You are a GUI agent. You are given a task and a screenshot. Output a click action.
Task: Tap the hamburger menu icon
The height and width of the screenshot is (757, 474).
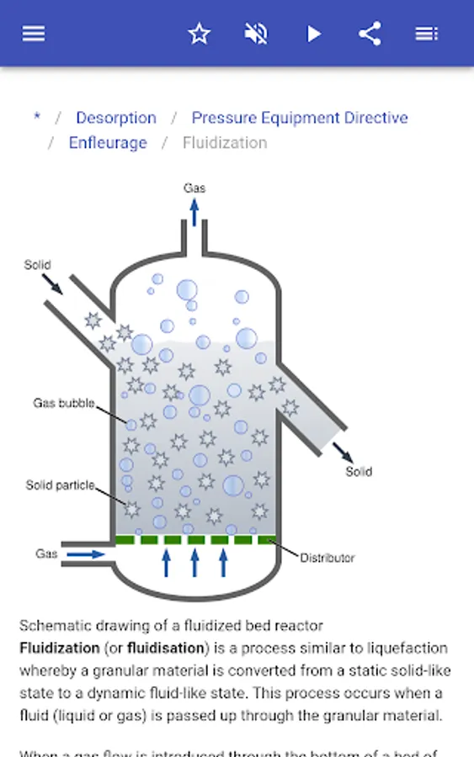(34, 34)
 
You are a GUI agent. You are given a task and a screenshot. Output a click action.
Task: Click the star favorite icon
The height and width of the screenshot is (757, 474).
(199, 34)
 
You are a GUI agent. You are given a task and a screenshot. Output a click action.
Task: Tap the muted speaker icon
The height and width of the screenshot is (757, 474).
(256, 34)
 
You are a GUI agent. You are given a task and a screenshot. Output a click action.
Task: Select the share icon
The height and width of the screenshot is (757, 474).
(370, 34)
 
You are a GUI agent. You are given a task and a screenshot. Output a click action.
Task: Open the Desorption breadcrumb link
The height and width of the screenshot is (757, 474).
(116, 118)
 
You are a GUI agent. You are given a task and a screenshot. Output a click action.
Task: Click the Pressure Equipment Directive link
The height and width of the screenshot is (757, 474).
(300, 118)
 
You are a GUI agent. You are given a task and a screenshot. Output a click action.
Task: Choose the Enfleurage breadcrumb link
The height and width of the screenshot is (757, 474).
(108, 143)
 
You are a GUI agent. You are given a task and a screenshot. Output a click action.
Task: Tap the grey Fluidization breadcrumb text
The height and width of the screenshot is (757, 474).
(225, 143)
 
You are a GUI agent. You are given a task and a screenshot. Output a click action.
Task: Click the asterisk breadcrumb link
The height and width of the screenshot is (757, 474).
(37, 118)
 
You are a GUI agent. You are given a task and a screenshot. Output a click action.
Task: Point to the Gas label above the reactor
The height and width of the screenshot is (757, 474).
(194, 188)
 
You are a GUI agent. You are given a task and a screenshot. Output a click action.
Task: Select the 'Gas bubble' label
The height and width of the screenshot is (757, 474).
(64, 403)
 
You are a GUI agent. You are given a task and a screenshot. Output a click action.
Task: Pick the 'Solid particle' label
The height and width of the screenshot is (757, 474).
(60, 485)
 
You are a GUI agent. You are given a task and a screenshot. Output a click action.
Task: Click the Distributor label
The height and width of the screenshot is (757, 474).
(328, 558)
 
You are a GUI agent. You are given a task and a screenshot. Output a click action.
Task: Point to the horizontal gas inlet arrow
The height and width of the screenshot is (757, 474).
(86, 554)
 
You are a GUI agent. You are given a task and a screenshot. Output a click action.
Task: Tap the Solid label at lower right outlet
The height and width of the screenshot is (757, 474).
(359, 472)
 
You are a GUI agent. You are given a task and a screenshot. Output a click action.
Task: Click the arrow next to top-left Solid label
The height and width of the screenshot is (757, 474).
(52, 283)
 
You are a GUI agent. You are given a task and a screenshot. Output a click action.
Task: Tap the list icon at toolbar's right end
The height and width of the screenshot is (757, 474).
(427, 34)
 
